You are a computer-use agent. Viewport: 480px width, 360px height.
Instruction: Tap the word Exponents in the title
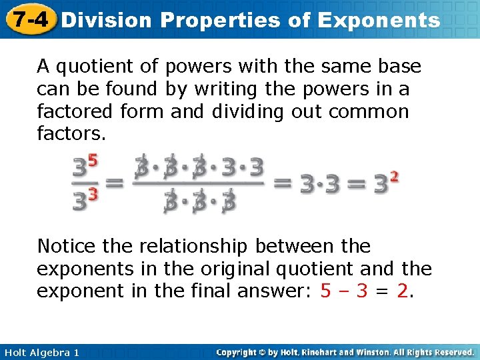pyautogui.click(x=379, y=20)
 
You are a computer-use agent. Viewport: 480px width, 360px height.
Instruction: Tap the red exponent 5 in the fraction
pyautogui.click(x=93, y=161)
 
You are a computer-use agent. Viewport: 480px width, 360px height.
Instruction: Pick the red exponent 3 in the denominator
pyautogui.click(x=93, y=194)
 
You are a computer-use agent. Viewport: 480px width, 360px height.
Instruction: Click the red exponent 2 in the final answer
pyautogui.click(x=395, y=177)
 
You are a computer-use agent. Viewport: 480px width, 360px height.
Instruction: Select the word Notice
pyautogui.click(x=67, y=246)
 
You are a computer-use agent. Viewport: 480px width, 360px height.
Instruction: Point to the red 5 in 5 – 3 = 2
pyautogui.click(x=325, y=291)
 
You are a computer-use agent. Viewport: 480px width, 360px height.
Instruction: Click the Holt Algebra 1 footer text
pyautogui.click(x=40, y=352)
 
